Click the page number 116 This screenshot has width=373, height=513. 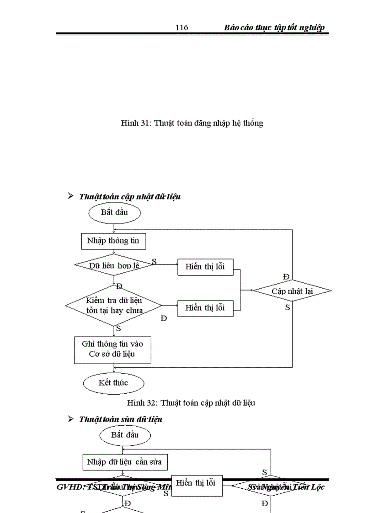(181, 27)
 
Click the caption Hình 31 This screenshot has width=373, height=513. (192, 123)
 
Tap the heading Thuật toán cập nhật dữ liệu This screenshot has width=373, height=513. (130, 196)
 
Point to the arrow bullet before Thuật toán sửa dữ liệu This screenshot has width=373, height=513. (71, 418)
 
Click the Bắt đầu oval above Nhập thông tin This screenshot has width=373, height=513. (114, 212)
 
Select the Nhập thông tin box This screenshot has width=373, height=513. (113, 241)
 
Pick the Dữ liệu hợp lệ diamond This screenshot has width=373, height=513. (114, 265)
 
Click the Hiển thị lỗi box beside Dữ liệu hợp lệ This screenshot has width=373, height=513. (205, 267)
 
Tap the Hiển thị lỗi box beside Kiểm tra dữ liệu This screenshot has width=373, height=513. (205, 307)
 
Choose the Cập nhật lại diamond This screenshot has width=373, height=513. (292, 291)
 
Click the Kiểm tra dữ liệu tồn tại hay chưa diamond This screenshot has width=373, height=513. (114, 305)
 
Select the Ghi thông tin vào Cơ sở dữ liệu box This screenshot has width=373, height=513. (112, 350)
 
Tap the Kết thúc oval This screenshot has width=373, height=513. (113, 382)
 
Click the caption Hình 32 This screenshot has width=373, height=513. (191, 402)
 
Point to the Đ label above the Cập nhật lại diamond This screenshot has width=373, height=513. (286, 276)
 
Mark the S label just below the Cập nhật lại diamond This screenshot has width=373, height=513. (288, 307)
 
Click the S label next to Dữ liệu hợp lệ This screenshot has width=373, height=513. (154, 261)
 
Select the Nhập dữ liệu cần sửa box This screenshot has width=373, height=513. (124, 462)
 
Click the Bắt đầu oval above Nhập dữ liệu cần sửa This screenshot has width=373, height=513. (125, 434)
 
